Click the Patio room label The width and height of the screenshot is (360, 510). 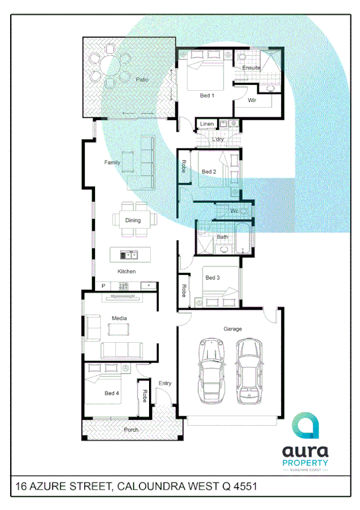142,79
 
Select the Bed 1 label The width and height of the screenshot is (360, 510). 207,96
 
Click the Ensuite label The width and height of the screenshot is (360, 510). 251,67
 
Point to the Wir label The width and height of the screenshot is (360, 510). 252,100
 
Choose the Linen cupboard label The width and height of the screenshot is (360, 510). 207,124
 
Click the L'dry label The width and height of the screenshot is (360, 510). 218,140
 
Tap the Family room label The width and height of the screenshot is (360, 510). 112,162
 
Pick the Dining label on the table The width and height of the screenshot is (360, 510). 133,220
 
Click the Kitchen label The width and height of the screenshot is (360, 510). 126,271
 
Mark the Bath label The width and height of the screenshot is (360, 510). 222,237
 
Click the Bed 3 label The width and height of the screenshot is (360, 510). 213,277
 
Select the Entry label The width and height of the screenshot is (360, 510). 165,383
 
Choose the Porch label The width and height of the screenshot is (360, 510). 131,429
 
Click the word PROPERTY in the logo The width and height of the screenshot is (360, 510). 305,462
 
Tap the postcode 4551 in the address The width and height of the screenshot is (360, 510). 244,485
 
